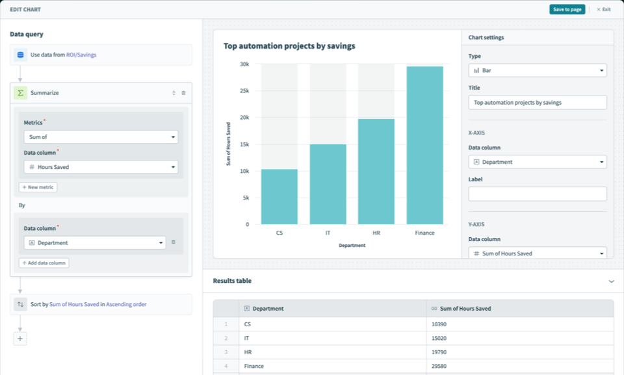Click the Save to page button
(x=567, y=9)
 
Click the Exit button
(x=603, y=9)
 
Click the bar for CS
(x=279, y=196)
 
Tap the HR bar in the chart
(x=376, y=172)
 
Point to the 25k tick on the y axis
(x=244, y=91)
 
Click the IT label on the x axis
(x=328, y=233)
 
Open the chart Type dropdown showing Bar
(x=537, y=70)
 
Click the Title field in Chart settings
(x=537, y=103)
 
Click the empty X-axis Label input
(x=537, y=194)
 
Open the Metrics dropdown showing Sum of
(x=101, y=137)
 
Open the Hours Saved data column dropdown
(x=101, y=167)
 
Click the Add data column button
(x=44, y=263)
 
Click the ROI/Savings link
(x=81, y=55)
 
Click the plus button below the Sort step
(x=20, y=339)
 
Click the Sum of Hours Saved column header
(x=465, y=309)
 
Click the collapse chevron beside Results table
(x=611, y=281)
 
